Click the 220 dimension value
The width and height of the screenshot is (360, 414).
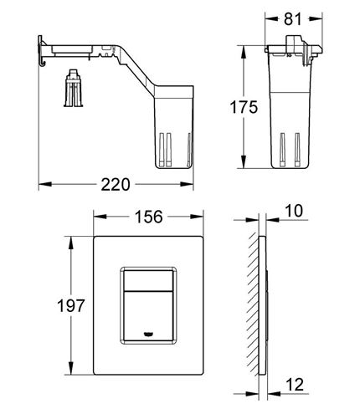(x=116, y=184)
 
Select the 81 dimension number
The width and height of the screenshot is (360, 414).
(x=293, y=19)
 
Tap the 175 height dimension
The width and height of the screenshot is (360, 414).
(x=244, y=107)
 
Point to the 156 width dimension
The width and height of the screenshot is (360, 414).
(x=148, y=217)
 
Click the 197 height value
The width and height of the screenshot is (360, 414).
(x=70, y=305)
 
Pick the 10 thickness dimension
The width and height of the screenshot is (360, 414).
(x=294, y=211)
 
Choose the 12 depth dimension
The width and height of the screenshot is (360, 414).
(x=295, y=385)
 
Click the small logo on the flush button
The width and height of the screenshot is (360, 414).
(x=147, y=334)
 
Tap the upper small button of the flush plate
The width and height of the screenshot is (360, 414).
(x=148, y=280)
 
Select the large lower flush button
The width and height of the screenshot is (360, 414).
(x=148, y=316)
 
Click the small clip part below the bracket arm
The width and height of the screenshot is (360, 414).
(x=73, y=88)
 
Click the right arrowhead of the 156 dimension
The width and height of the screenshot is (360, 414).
(x=197, y=217)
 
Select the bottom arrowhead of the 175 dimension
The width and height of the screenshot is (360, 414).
(x=244, y=161)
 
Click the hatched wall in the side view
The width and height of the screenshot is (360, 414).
(x=253, y=304)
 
